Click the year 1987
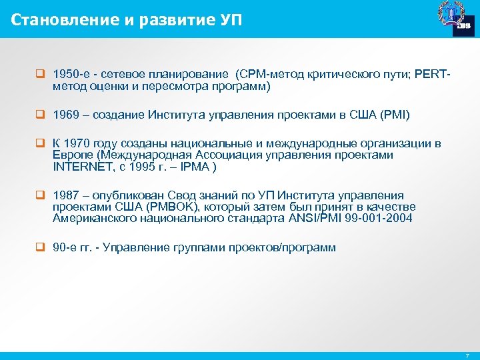(65, 195)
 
